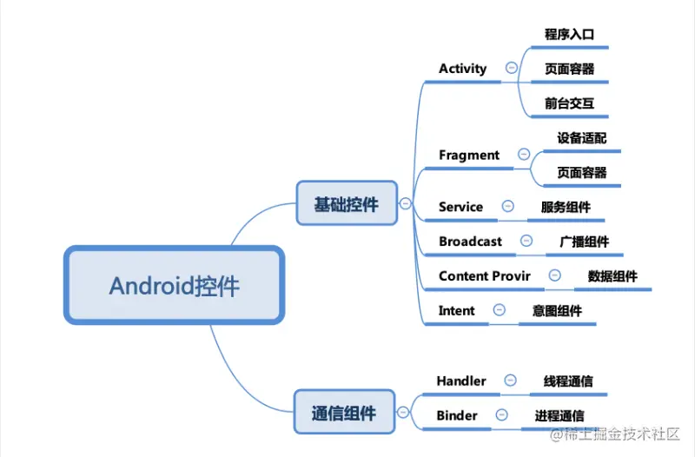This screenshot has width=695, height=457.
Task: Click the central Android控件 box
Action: click(175, 285)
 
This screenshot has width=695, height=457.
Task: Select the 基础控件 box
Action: click(347, 203)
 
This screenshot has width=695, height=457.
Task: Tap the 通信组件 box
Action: click(344, 412)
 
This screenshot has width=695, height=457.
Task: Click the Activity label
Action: click(463, 69)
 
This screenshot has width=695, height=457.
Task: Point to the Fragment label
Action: click(469, 156)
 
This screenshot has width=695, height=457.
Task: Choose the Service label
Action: click(460, 207)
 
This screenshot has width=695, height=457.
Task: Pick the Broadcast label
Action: click(470, 242)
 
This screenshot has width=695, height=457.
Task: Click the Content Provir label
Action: click(485, 275)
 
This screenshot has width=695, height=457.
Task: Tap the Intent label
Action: click(457, 310)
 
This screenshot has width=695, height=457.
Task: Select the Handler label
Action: click(461, 381)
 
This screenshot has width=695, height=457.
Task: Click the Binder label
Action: click(457, 415)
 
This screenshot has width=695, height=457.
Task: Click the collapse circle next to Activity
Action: click(512, 68)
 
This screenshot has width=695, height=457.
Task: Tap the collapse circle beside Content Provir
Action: click(554, 275)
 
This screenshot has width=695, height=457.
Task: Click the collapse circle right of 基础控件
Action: click(405, 203)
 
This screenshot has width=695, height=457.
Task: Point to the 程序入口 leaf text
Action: click(569, 34)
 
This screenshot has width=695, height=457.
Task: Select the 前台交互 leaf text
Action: click(569, 103)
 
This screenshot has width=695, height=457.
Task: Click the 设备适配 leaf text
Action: click(581, 138)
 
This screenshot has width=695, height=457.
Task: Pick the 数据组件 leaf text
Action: click(612, 276)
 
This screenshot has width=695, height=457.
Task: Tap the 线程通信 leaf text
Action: click(568, 381)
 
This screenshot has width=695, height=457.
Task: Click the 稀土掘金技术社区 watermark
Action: click(615, 434)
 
